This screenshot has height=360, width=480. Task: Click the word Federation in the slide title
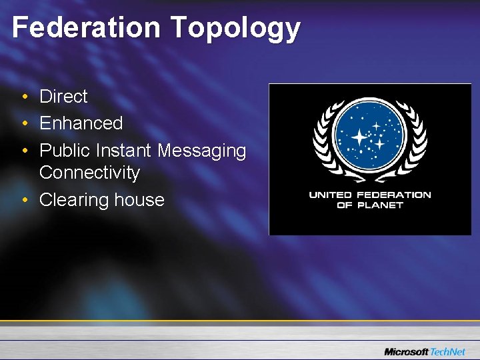pyautogui.click(x=86, y=28)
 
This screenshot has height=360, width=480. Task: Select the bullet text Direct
pyautogui.click(x=63, y=97)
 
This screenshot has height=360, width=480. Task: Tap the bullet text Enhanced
pyautogui.click(x=81, y=123)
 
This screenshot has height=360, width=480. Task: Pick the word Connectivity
pyautogui.click(x=89, y=173)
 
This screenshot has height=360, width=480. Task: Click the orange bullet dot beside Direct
pyautogui.click(x=24, y=97)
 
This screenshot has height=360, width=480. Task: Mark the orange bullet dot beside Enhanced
pyautogui.click(x=24, y=124)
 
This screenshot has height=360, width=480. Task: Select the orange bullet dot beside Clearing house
pyautogui.click(x=24, y=200)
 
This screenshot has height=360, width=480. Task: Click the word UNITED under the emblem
pyautogui.click(x=331, y=195)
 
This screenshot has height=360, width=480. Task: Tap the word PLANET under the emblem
pyautogui.click(x=379, y=205)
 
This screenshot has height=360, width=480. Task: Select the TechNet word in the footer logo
pyautogui.click(x=448, y=351)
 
